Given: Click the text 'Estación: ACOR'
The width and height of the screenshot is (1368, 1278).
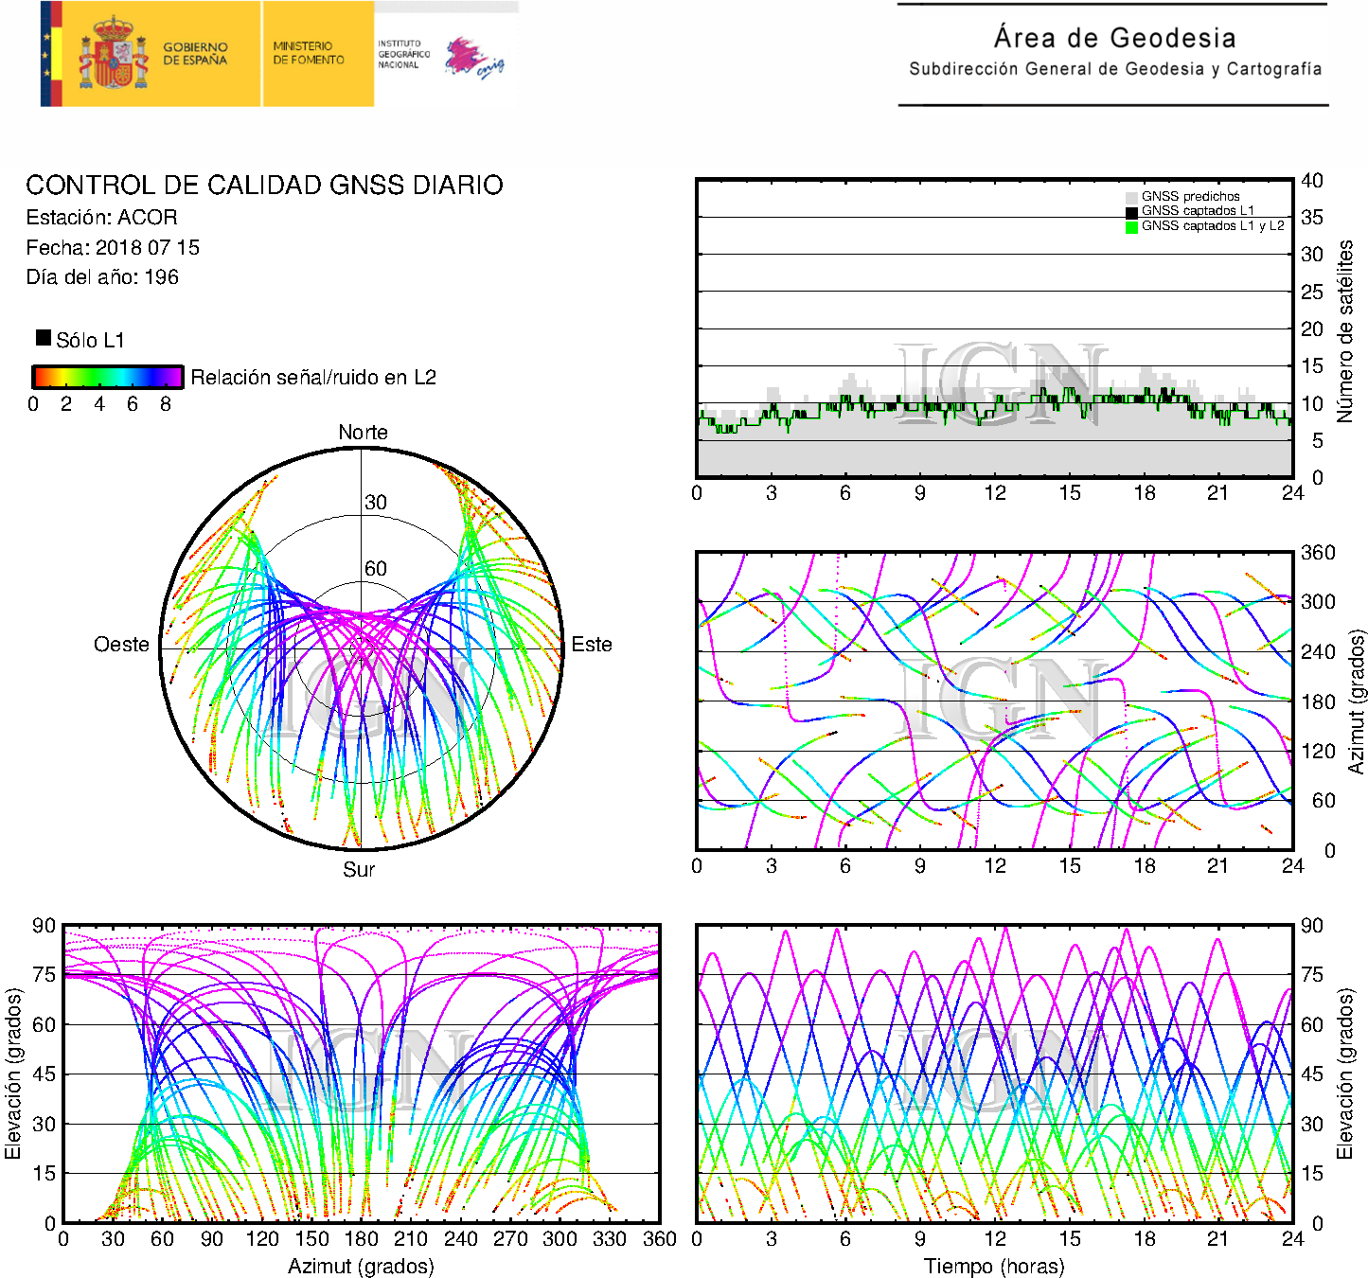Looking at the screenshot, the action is [102, 217].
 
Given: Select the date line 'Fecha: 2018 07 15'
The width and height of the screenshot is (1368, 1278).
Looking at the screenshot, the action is [113, 247].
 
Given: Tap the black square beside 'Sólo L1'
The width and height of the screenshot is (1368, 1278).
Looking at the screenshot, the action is [44, 338].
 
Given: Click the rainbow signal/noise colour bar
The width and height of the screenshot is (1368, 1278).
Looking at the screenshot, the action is [108, 377].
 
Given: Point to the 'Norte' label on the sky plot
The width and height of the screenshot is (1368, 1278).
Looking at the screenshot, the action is [363, 432].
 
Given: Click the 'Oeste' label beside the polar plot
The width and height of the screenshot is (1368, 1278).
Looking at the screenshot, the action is [121, 644].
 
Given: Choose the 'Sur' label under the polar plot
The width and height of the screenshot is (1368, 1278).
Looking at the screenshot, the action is [359, 869].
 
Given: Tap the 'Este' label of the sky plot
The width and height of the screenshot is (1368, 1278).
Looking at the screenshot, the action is [592, 644].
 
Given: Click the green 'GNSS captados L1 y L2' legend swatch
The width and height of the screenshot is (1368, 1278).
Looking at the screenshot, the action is [1131, 227].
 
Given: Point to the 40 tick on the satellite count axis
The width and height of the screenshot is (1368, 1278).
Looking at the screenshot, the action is [1311, 181].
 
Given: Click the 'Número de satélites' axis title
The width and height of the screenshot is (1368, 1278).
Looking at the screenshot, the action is [1344, 331].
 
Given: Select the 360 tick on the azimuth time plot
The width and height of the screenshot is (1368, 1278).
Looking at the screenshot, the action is [1318, 553].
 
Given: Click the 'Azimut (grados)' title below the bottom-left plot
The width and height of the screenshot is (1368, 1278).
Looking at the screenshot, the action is [361, 1266].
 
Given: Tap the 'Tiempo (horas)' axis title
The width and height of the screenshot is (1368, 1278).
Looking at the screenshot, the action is [994, 1266].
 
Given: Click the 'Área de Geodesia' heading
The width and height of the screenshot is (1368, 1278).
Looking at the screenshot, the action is [1114, 37].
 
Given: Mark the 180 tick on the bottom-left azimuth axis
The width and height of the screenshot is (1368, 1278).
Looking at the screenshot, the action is [361, 1239].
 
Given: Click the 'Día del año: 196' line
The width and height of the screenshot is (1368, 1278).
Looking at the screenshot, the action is [102, 277].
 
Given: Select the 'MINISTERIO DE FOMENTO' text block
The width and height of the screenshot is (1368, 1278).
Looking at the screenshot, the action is [309, 53].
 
